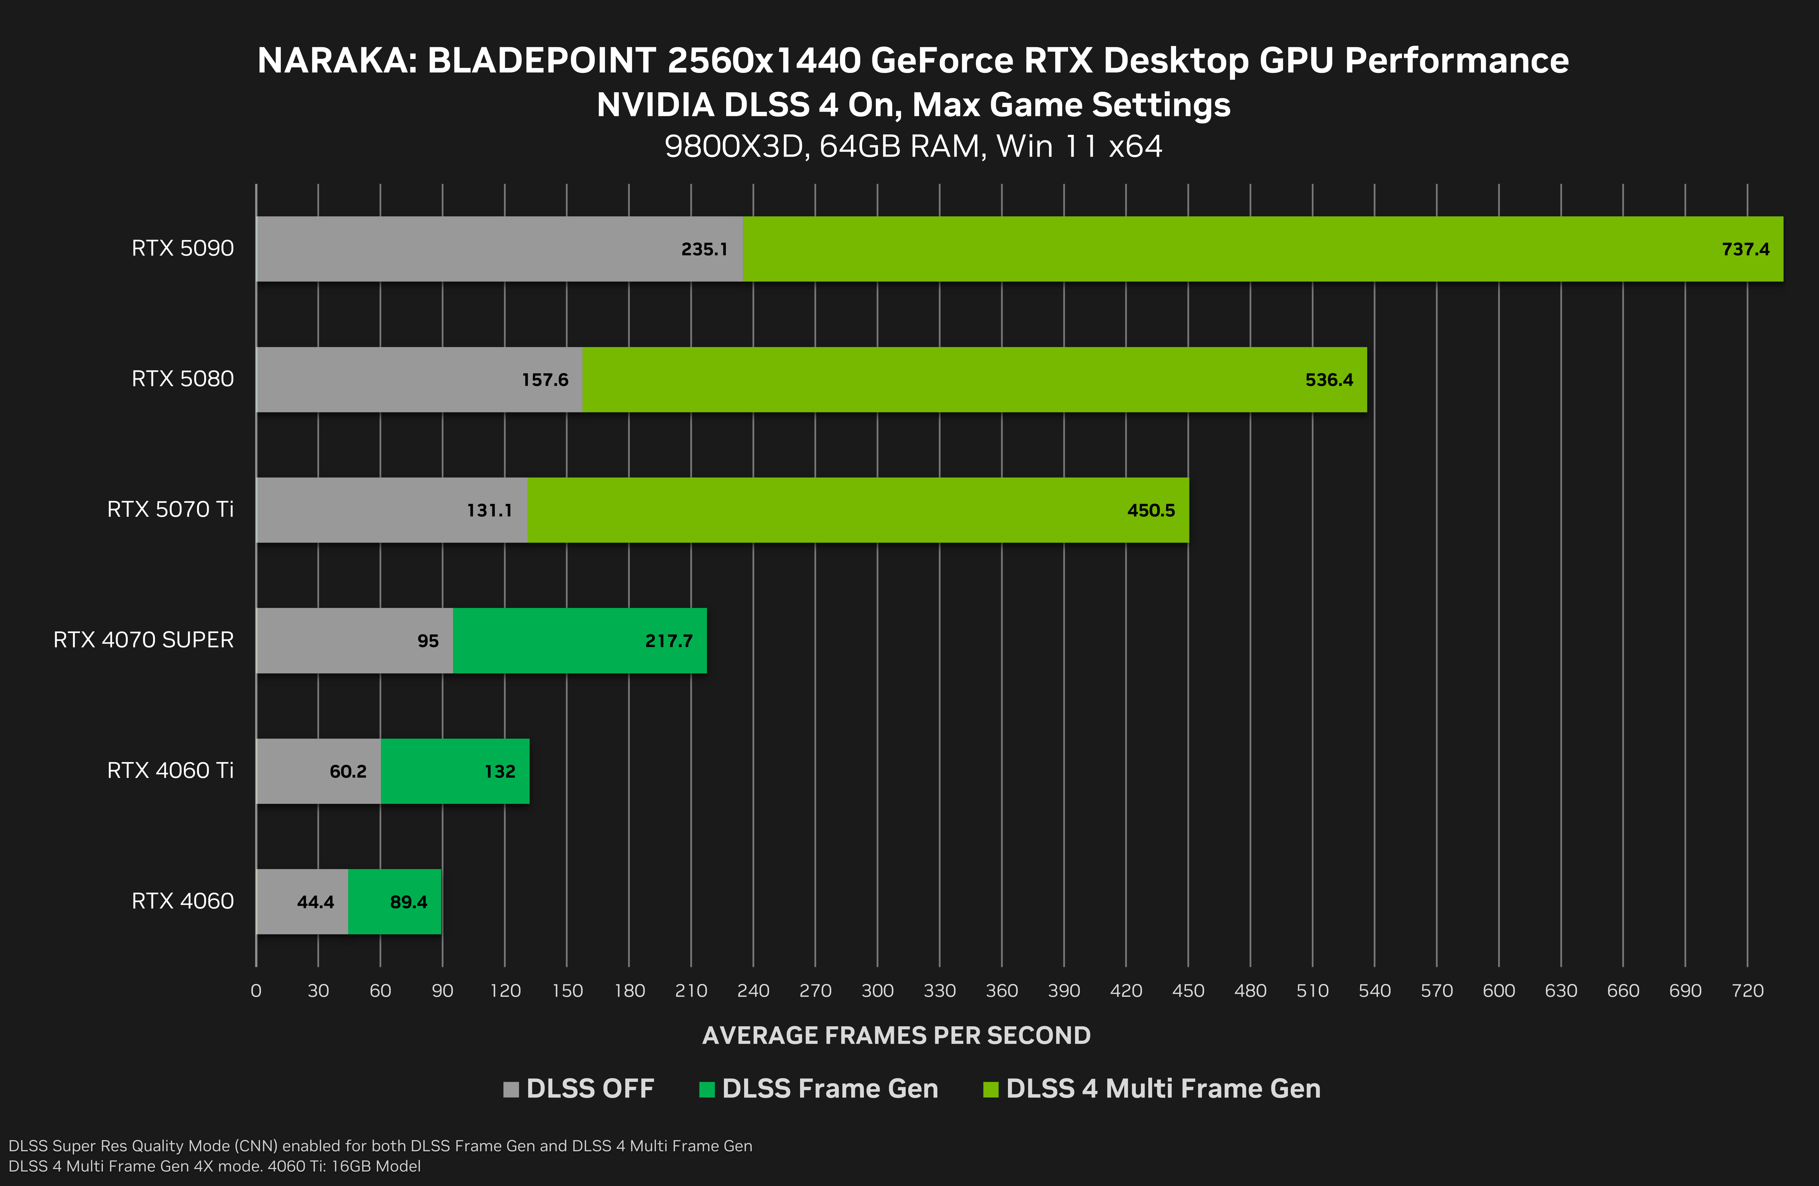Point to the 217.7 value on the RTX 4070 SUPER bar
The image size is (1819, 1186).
669,641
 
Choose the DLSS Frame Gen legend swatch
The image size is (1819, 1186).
706,1089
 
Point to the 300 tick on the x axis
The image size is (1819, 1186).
877,991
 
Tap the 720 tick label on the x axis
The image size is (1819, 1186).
1747,991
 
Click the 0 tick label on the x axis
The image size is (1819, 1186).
256,991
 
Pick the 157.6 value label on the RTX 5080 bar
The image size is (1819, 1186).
545,380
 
